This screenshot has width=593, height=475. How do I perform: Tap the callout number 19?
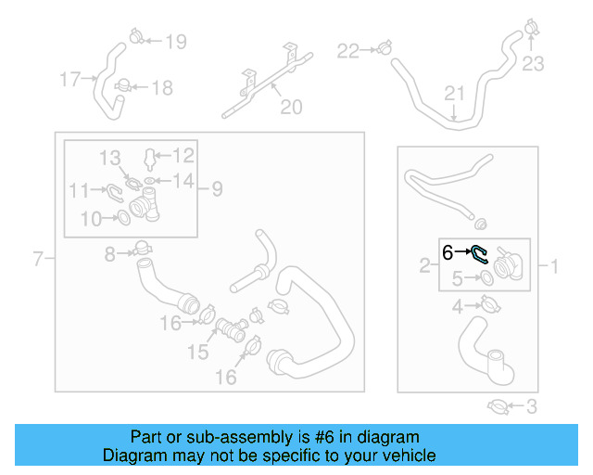(x=176, y=42)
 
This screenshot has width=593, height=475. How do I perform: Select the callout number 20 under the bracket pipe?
(x=291, y=107)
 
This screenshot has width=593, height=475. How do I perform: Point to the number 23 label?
(x=533, y=64)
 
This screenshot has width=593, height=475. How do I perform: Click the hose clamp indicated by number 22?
(x=385, y=47)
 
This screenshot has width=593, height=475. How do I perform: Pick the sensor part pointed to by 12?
(x=150, y=160)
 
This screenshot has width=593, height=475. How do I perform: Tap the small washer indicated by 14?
(x=149, y=181)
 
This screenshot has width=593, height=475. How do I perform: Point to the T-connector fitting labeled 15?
(x=232, y=329)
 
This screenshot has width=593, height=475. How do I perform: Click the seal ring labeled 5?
(x=487, y=278)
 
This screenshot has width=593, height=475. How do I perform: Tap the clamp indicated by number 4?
(x=490, y=304)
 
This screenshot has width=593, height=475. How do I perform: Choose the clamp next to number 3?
(x=498, y=407)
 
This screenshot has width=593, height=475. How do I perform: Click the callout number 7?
(x=38, y=259)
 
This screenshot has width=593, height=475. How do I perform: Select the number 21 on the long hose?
(x=454, y=93)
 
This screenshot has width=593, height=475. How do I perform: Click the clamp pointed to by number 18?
(x=123, y=85)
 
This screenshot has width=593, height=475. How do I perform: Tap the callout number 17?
(x=70, y=79)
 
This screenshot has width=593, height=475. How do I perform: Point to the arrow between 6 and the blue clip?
(x=462, y=251)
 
